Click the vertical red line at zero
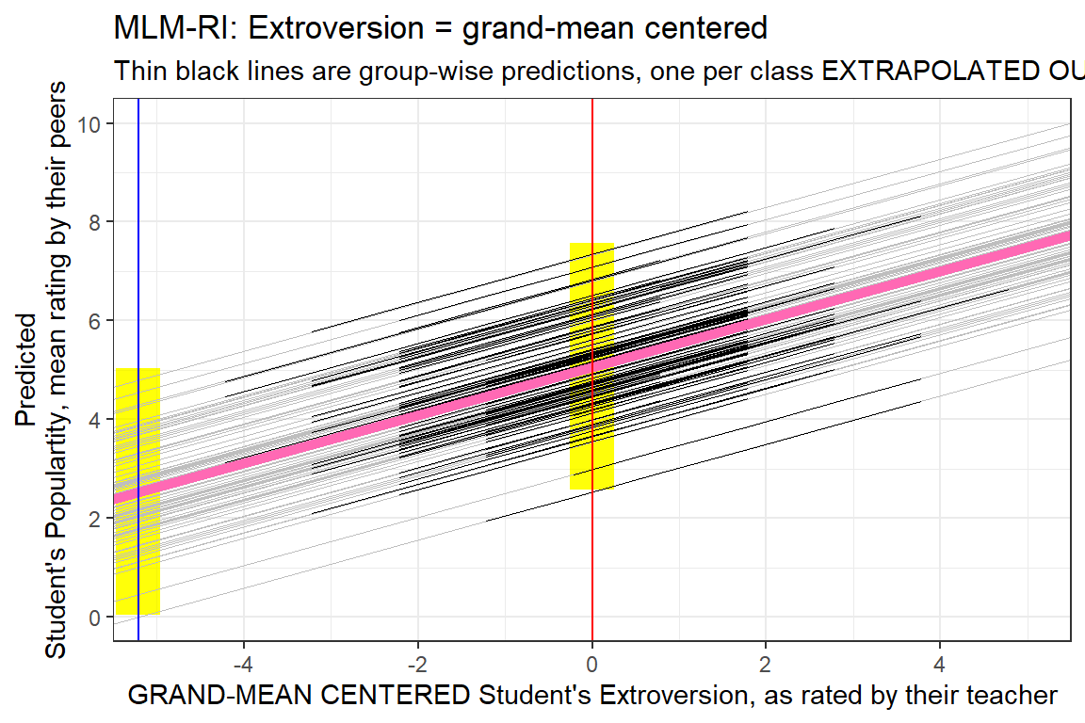[x=591, y=188]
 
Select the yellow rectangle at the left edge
[x=138, y=565]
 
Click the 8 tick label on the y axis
[x=95, y=222]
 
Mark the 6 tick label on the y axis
[x=95, y=321]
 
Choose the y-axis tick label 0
[x=95, y=618]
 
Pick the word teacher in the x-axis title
[x=1014, y=697]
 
